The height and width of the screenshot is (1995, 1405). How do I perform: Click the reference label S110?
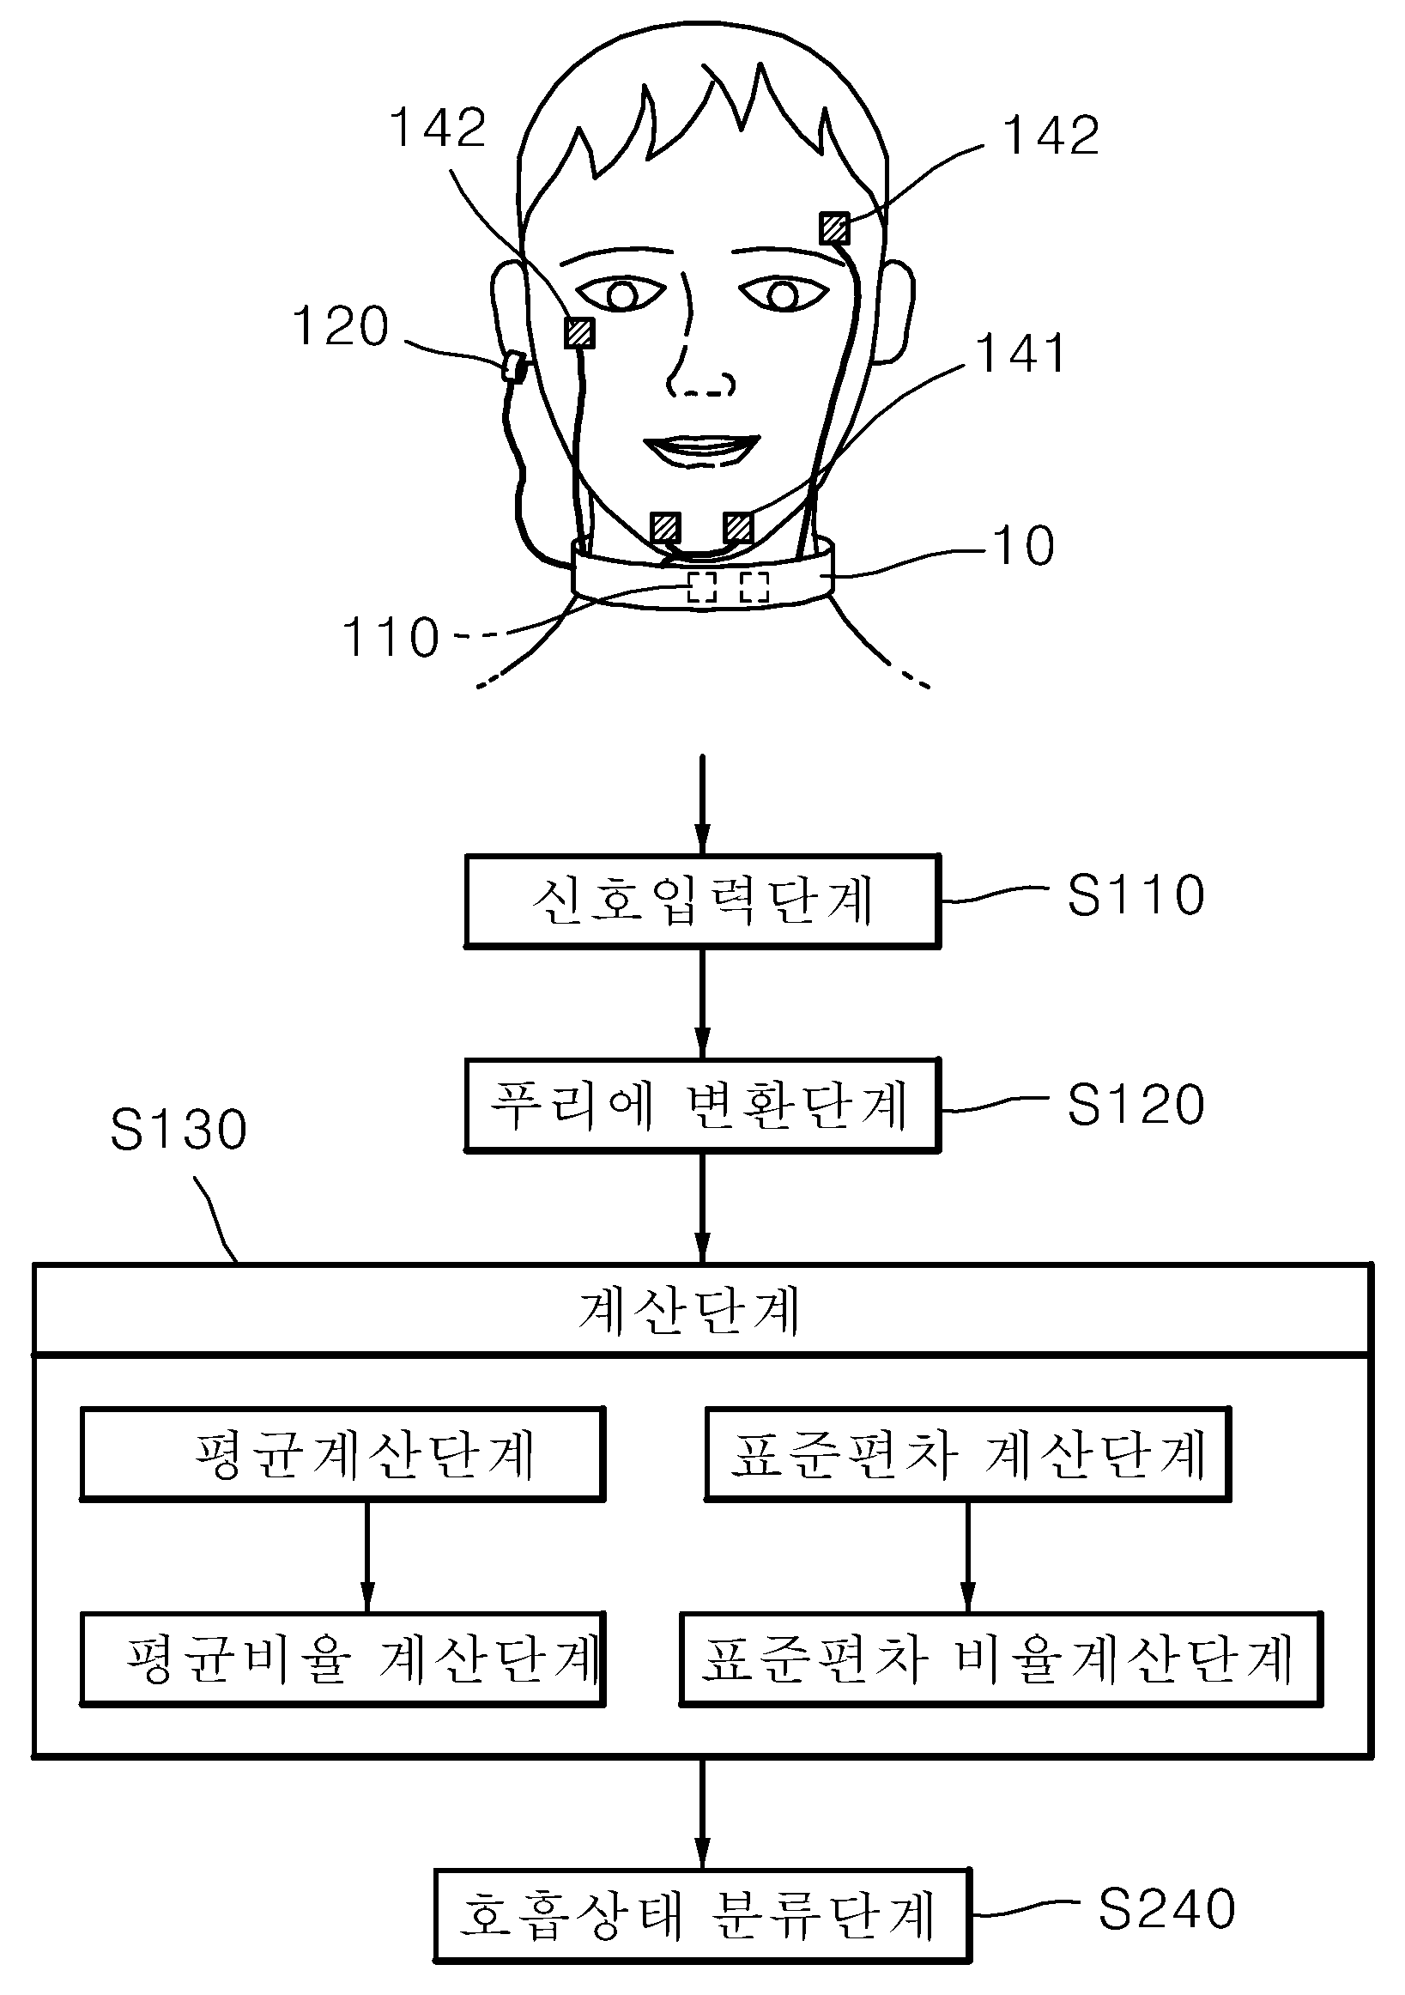1136,895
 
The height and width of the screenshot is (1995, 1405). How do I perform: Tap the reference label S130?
179,1130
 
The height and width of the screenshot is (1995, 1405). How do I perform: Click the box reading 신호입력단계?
702,901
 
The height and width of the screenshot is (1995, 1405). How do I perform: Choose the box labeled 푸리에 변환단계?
702,1106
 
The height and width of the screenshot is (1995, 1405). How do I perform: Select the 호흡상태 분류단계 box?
702,1915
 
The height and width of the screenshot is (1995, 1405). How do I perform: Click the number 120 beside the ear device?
341,327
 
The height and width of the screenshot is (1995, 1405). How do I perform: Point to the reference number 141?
1021,354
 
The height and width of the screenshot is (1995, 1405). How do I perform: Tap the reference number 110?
391,637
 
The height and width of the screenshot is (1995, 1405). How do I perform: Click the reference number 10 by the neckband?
1024,546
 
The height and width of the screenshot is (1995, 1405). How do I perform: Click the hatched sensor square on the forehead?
834,228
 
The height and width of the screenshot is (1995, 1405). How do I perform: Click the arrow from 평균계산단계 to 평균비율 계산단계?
366,1556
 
